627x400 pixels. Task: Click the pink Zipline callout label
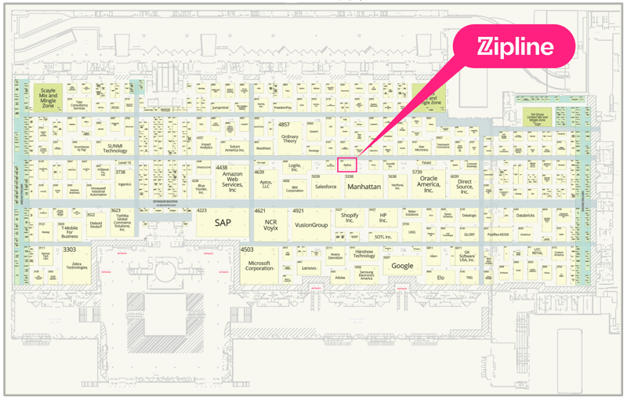pyautogui.click(x=516, y=46)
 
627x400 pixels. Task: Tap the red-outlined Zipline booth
pyautogui.click(x=347, y=165)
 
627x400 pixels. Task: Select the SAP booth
pyautogui.click(x=223, y=223)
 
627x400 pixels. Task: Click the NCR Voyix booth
pyautogui.click(x=270, y=224)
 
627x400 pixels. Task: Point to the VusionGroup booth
pyautogui.click(x=311, y=224)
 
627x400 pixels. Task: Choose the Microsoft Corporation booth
pyautogui.click(x=259, y=266)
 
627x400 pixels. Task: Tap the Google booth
pyautogui.click(x=402, y=266)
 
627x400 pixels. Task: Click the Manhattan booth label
pyautogui.click(x=364, y=187)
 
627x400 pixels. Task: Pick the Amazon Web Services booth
pyautogui.click(x=232, y=182)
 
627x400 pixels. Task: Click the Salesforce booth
pyautogui.click(x=325, y=187)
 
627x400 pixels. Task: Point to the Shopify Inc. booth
pyautogui.click(x=349, y=218)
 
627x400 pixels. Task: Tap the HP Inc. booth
pyautogui.click(x=383, y=218)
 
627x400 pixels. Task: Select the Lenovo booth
pyautogui.click(x=309, y=268)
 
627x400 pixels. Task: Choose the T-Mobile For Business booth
pyautogui.click(x=70, y=231)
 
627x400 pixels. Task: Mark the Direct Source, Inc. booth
pyautogui.click(x=465, y=186)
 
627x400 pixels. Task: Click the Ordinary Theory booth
pyautogui.click(x=289, y=138)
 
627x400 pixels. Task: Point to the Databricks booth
pyautogui.click(x=525, y=216)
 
